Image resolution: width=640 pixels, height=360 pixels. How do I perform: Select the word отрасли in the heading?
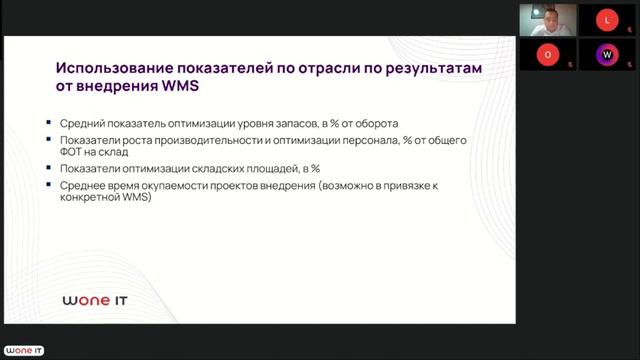pyautogui.click(x=317, y=68)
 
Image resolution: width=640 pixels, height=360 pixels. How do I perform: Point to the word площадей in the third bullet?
pyautogui.click(x=260, y=169)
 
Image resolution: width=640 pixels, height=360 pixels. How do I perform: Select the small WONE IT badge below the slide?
pyautogui.click(x=24, y=351)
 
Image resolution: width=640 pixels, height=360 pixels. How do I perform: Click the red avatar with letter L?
pyautogui.click(x=607, y=18)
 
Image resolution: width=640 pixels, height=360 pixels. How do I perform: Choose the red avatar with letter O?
pyautogui.click(x=546, y=53)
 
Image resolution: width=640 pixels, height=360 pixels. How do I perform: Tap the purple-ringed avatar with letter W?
pyautogui.click(x=607, y=53)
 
